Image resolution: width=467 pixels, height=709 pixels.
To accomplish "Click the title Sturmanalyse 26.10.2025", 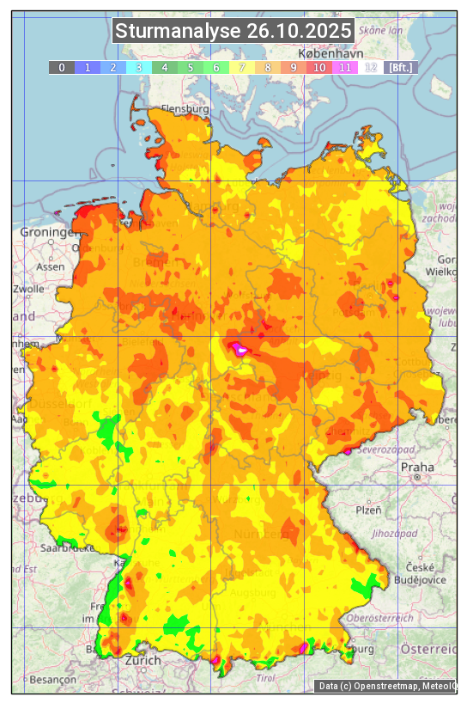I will tap(233, 31).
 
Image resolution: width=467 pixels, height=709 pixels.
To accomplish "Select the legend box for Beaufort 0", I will tap(61, 67).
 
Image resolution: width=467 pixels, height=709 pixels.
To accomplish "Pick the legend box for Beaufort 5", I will tap(191, 67).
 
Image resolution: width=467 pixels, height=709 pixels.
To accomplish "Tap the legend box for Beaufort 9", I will tap(294, 67).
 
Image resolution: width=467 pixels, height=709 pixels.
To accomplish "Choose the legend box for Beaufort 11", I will tap(345, 67).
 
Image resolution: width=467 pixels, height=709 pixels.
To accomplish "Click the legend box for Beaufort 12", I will tap(371, 67).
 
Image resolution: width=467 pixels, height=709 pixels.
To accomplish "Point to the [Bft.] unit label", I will tap(400, 67).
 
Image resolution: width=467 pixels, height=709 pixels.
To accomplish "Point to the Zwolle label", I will tap(28, 289).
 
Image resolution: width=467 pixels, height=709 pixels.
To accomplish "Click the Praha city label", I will tap(417, 466).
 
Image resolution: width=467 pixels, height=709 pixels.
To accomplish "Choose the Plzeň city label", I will tap(368, 510).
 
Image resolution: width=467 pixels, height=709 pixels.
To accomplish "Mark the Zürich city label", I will tap(142, 660).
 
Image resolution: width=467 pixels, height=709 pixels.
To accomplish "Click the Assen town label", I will tap(52, 266).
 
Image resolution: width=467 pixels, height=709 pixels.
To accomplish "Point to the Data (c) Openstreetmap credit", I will tap(386, 686).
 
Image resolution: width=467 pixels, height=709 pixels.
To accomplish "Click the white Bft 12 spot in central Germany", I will tap(242, 350).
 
